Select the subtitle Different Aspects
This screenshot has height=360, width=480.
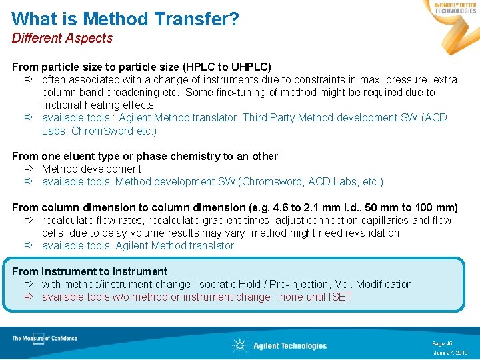tap(62, 38)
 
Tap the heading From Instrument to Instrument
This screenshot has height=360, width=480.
tap(89, 271)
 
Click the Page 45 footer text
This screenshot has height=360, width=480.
tap(442, 343)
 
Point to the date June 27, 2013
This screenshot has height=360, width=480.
tap(451, 352)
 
